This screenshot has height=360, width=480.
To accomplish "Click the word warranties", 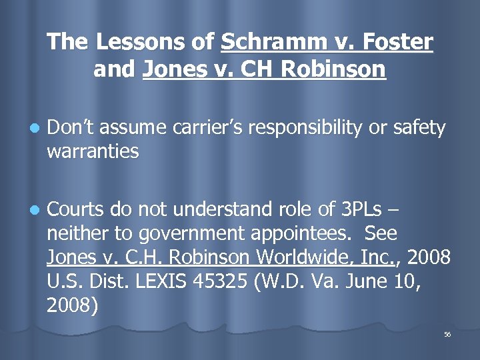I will [93, 151].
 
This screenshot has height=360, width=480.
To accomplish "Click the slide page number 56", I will [447, 334].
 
